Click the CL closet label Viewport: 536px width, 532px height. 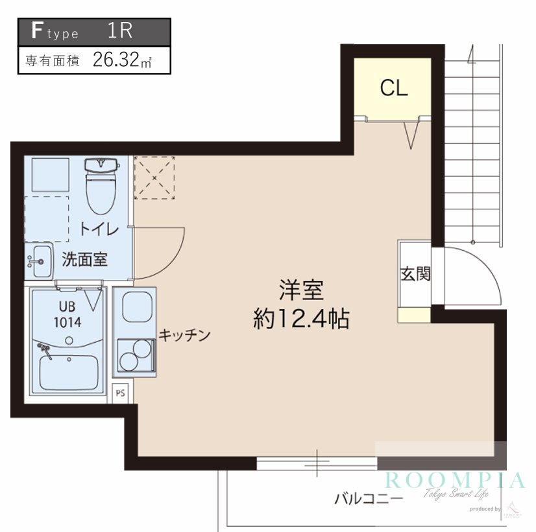(394, 88)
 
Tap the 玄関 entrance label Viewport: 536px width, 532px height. (415, 273)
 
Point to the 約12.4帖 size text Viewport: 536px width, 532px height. (301, 319)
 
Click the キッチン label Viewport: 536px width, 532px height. (185, 335)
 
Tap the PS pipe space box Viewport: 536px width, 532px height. (121, 392)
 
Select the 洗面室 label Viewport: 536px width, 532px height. (84, 260)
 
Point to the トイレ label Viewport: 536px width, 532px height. (99, 229)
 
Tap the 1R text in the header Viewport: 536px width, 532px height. (121, 31)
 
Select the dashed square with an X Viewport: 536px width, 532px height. (154, 177)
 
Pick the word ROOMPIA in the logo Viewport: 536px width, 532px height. (454, 480)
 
